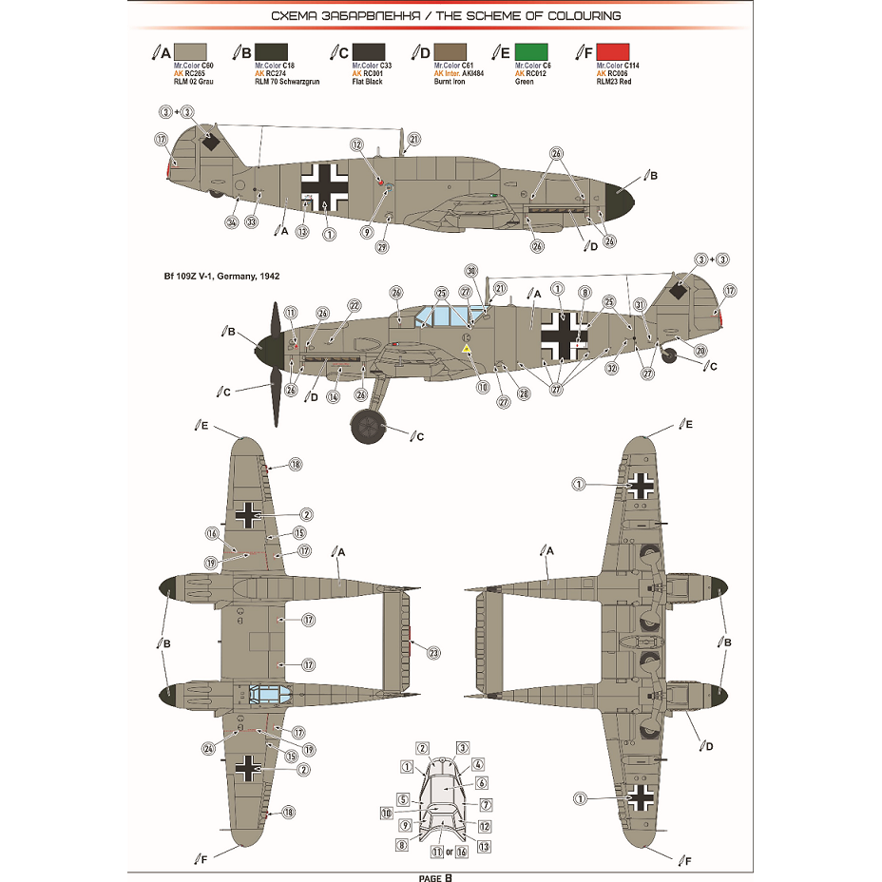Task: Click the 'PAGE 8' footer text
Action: pyautogui.click(x=440, y=876)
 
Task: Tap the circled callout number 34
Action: pyautogui.click(x=231, y=222)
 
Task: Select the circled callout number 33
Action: pyautogui.click(x=251, y=222)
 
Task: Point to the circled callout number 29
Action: pyautogui.click(x=382, y=247)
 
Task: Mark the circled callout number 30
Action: pyautogui.click(x=471, y=269)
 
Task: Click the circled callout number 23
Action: pyautogui.click(x=434, y=653)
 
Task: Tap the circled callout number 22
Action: pyautogui.click(x=355, y=305)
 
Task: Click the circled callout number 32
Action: pyautogui.click(x=612, y=368)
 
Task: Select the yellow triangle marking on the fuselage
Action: pyautogui.click(x=467, y=350)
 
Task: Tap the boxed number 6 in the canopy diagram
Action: pyautogui.click(x=482, y=783)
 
